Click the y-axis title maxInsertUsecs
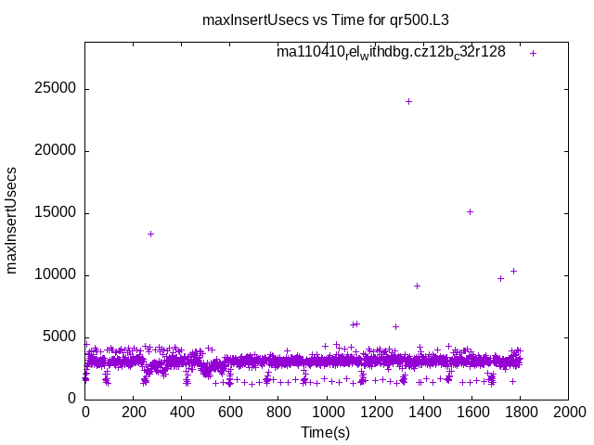[x=12, y=221]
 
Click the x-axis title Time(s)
[x=325, y=432]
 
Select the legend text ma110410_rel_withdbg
[x=391, y=52]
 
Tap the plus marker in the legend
[x=533, y=53]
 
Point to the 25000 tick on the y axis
[x=57, y=89]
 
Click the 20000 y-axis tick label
[x=57, y=151]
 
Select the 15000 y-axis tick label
[x=57, y=213]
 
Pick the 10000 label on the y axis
[x=57, y=275]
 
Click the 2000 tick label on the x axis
[x=568, y=412]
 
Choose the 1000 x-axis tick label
[x=327, y=412]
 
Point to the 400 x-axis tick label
[x=182, y=412]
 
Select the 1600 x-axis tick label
[x=471, y=412]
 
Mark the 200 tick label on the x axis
[x=134, y=412]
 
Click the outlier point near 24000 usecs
[x=408, y=101]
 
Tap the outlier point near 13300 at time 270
[x=150, y=234]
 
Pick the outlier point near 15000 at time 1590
[x=470, y=211]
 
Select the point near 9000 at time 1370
[x=417, y=286]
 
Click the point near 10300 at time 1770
[x=513, y=271]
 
